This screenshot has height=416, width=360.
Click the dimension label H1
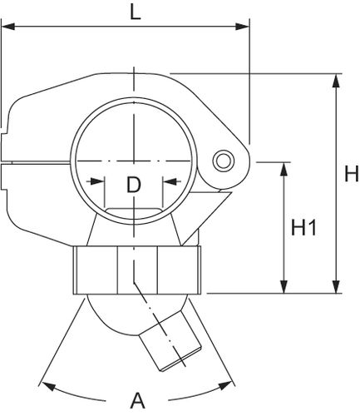[x=303, y=227]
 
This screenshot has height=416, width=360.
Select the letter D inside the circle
[x=134, y=185]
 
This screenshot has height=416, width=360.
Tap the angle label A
[x=137, y=400]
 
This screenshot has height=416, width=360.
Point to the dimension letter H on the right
[x=352, y=173]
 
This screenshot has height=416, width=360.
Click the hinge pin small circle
[x=224, y=161]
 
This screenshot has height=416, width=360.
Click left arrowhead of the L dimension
[x=8, y=27]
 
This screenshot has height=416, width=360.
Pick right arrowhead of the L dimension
[x=243, y=27]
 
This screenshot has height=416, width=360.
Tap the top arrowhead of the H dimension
[x=336, y=81]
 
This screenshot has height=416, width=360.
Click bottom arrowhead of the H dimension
[x=336, y=286]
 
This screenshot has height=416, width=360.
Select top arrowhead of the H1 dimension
[x=284, y=169]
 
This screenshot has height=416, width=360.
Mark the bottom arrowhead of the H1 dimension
[x=284, y=286]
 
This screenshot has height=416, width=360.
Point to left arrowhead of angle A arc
[x=47, y=386]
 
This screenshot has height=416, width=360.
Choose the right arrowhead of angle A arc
[x=225, y=385]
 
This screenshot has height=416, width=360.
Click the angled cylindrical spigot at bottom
[x=170, y=339]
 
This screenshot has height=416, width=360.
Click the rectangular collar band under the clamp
[x=137, y=270]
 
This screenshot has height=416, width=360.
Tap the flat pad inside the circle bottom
[x=133, y=213]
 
